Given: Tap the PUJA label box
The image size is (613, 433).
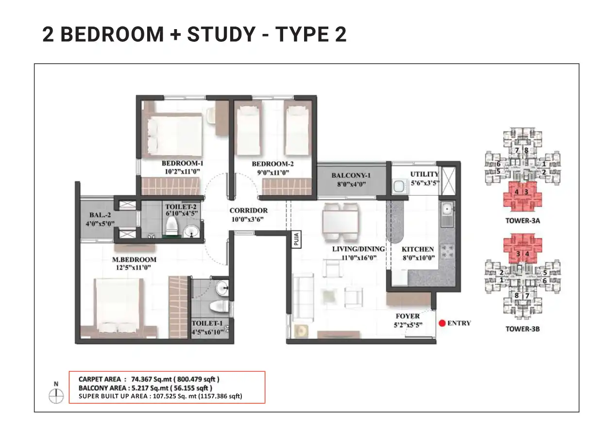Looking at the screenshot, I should (x=295, y=240).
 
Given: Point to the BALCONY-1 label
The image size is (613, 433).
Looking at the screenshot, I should (x=351, y=175).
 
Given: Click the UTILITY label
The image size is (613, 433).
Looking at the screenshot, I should (x=424, y=174).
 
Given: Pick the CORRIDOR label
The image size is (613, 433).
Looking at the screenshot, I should (x=249, y=211).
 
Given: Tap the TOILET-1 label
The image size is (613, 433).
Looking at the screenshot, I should (x=207, y=323).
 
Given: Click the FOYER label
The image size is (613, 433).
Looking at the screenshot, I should (x=408, y=316).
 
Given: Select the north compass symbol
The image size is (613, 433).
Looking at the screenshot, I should (x=56, y=396).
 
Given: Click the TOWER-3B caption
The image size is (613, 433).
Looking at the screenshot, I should (x=522, y=329).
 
